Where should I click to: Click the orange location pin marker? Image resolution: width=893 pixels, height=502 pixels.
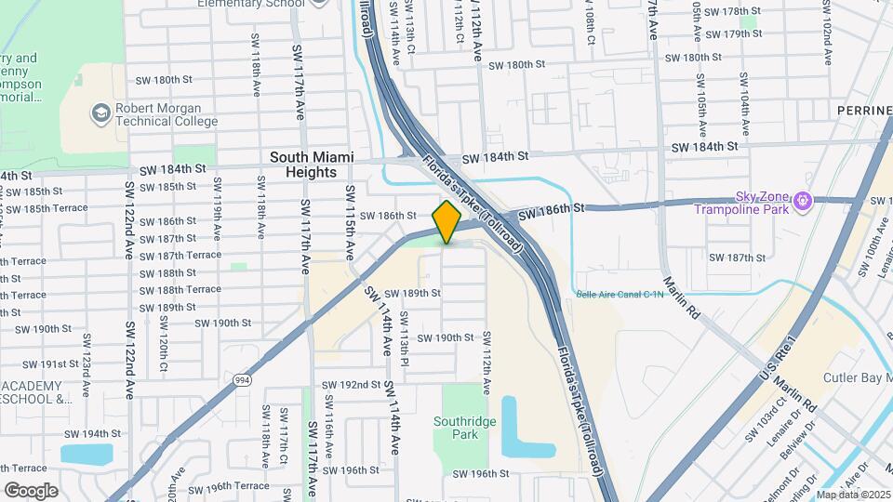[x=446, y=221]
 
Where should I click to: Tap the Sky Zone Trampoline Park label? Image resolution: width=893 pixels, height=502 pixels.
[x=741, y=202]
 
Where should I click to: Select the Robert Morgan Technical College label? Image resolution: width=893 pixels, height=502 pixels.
[x=166, y=114]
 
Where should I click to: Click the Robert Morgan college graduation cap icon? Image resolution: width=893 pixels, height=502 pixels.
[x=100, y=113]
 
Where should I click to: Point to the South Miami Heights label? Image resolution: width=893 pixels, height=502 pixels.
[x=312, y=165]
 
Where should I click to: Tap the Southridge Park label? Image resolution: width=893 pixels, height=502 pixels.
[x=461, y=427]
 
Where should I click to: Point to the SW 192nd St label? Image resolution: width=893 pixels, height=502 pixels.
[x=351, y=384]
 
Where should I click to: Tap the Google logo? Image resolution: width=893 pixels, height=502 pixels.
[x=31, y=490]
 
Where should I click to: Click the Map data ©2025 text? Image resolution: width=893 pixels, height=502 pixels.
[x=853, y=495]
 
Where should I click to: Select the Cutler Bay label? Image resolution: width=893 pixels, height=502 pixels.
[x=857, y=378]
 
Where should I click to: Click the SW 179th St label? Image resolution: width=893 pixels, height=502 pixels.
[x=733, y=33]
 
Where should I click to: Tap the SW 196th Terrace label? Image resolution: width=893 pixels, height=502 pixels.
[x=225, y=486]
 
